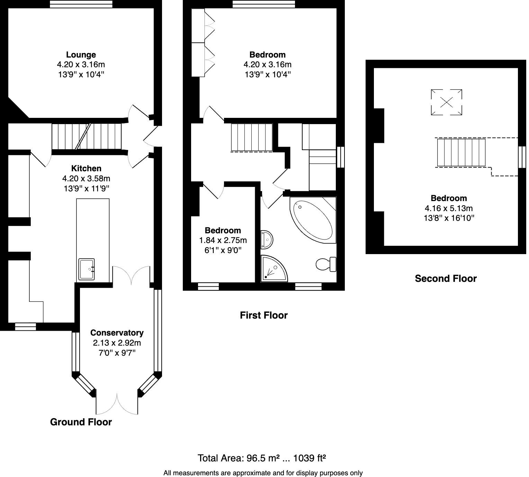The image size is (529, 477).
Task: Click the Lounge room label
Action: point(81,55)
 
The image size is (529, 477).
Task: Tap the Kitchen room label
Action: point(86,168)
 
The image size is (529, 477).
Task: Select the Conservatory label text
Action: point(117,333)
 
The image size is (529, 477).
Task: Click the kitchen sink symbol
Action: point(87,269)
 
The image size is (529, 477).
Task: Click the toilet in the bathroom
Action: point(326,264)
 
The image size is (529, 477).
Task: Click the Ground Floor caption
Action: point(81,422)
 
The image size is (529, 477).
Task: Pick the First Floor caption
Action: point(263,315)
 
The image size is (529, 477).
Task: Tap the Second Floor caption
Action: point(446,278)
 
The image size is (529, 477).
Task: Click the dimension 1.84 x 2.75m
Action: point(223,240)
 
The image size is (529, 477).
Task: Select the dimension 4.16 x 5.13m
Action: point(449,208)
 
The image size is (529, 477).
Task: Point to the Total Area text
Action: point(262,458)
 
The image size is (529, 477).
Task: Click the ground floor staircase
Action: point(87,136)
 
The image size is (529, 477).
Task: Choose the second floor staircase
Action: point(461,153)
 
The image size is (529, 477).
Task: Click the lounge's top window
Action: point(81,4)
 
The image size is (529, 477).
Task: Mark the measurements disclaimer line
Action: point(263,473)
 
